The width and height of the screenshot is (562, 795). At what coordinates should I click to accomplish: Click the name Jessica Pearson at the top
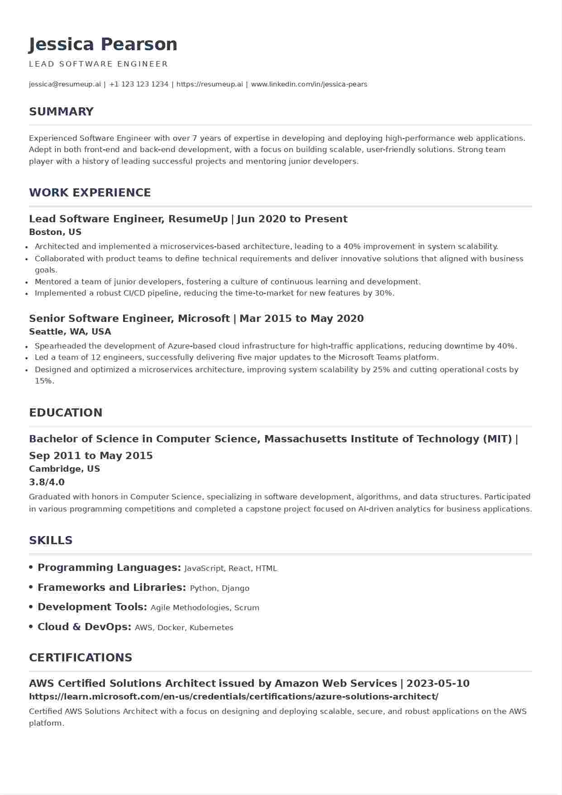103,44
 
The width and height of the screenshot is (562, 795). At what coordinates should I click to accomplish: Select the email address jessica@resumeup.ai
65,84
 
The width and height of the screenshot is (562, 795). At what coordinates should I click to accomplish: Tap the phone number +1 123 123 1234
138,84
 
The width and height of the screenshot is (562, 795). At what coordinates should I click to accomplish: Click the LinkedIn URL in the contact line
309,84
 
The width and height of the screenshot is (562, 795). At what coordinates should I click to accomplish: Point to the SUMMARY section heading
61,111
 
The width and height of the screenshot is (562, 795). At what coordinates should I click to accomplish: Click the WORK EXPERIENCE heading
90,192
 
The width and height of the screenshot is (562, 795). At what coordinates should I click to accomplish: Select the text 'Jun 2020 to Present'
292,219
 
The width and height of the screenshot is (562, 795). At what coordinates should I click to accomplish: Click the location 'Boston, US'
55,232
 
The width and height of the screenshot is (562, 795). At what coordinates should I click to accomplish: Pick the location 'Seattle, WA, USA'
70,332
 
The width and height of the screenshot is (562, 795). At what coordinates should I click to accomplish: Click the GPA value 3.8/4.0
47,482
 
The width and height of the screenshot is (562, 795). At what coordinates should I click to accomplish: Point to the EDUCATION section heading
66,412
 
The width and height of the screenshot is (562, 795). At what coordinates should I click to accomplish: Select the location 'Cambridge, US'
64,469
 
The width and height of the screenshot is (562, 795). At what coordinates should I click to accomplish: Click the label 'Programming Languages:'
109,568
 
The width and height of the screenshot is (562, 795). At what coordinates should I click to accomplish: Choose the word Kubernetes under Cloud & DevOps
211,627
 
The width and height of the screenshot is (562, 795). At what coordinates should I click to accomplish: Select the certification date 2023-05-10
438,683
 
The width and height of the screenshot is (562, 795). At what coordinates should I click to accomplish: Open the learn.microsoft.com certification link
233,697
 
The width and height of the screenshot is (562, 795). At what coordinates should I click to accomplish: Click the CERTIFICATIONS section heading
81,657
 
